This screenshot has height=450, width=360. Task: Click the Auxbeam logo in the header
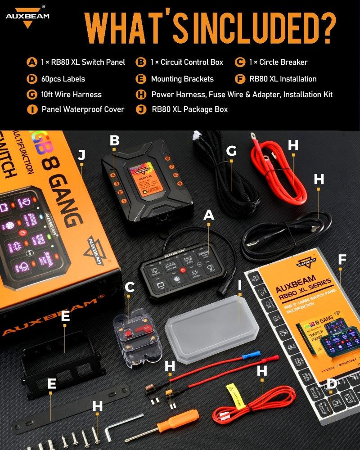tap(27, 17)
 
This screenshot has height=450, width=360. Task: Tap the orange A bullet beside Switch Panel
tap(31, 62)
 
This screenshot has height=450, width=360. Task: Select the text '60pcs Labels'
tap(63, 79)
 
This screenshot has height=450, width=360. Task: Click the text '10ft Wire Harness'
tap(71, 94)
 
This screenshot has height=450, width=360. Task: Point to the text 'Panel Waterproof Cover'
tap(83, 109)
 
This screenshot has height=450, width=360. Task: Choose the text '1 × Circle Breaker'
tap(278, 62)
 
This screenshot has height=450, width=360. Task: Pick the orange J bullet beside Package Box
tap(142, 109)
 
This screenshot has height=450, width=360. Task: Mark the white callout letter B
tap(115, 141)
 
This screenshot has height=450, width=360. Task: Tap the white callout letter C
tap(130, 287)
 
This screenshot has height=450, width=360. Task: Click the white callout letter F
tap(342, 259)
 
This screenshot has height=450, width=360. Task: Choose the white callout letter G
tap(231, 151)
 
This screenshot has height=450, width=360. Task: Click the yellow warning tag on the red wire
tap(232, 388)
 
